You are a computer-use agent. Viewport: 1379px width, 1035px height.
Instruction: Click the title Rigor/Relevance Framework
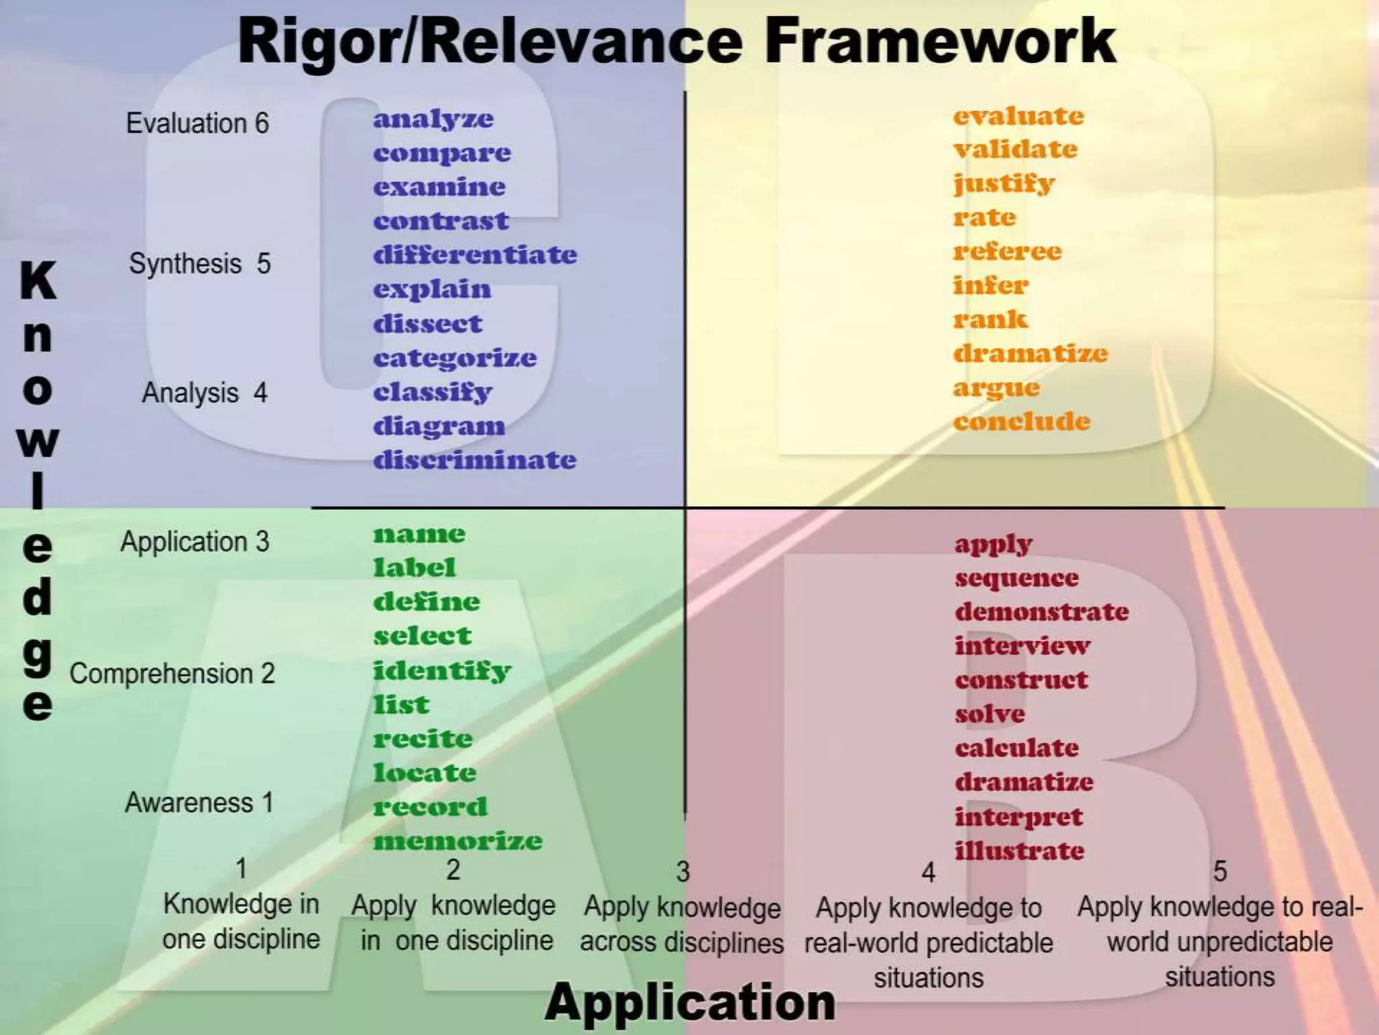[x=677, y=42]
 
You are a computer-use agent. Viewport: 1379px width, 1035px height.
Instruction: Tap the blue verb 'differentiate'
[x=475, y=255]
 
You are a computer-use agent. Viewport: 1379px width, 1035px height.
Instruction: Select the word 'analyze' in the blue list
[x=433, y=119]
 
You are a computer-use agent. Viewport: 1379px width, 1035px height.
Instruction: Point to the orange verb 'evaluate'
[x=1018, y=116]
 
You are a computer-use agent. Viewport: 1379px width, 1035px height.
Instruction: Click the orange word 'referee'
[x=1007, y=251]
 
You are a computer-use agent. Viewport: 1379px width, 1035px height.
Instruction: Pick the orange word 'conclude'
[x=1021, y=422]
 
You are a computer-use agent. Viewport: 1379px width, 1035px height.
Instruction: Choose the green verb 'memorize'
[x=457, y=841]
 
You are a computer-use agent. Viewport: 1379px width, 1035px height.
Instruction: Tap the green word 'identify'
[x=442, y=670]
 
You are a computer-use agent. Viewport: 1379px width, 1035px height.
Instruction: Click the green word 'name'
[x=419, y=534]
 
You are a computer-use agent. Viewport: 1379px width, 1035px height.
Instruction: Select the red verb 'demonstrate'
[x=1041, y=612]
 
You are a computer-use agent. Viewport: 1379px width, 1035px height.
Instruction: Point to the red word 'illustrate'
[x=1019, y=850]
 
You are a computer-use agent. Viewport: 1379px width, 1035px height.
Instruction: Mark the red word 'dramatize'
[x=1023, y=782]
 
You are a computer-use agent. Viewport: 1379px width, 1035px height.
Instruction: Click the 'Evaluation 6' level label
[x=197, y=123]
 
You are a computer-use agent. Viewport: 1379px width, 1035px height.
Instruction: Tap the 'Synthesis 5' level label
[x=199, y=263]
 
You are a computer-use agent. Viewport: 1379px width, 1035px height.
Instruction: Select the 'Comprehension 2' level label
[x=172, y=673]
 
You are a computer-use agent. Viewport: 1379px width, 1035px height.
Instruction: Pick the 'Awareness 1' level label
[x=199, y=803]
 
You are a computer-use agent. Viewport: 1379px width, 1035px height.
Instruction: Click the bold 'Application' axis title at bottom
[x=689, y=1002]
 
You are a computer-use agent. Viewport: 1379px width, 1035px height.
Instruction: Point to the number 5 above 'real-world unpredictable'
[x=1219, y=871]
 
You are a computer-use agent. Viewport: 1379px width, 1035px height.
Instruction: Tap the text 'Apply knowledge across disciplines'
[x=681, y=924]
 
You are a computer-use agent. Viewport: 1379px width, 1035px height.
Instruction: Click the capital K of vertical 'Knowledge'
[x=38, y=280]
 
